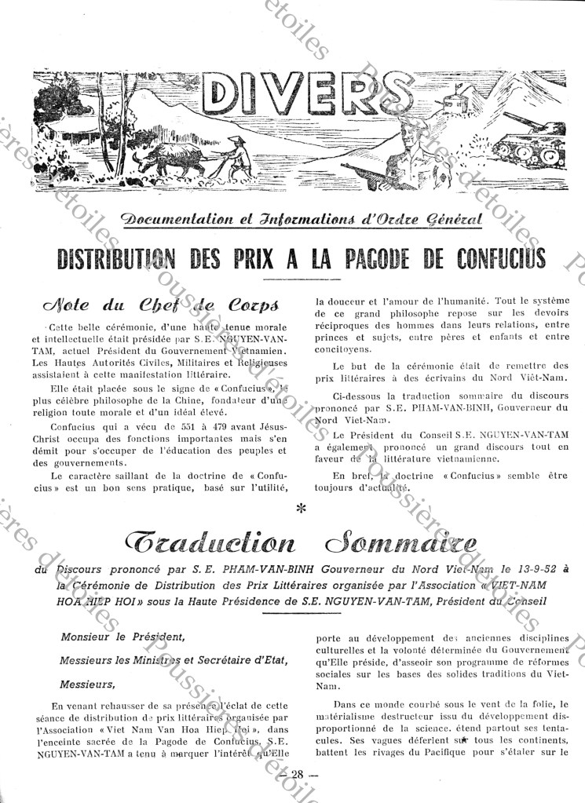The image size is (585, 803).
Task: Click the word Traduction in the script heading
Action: point(203,542)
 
